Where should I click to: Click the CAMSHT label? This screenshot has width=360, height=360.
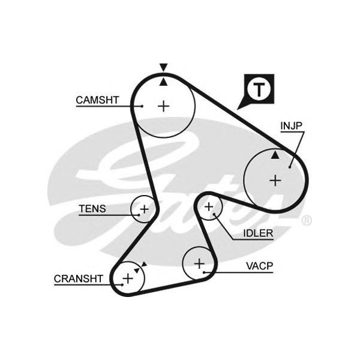(x=98, y=99)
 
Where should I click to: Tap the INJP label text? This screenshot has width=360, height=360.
(x=291, y=125)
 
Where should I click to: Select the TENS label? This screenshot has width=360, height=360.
(x=92, y=209)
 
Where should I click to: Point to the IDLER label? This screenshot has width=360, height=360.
(x=258, y=233)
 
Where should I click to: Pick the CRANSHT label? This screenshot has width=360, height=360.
(x=79, y=278)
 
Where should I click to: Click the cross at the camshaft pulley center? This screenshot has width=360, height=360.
(x=163, y=106)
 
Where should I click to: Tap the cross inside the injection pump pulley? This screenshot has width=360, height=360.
(x=275, y=179)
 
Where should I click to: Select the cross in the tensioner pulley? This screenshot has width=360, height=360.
(x=143, y=209)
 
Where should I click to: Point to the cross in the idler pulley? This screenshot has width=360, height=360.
(x=209, y=207)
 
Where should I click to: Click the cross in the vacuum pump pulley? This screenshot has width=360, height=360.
(x=199, y=263)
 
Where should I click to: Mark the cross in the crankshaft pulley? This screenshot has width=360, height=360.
(x=128, y=278)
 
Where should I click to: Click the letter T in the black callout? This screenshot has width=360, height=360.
(x=259, y=89)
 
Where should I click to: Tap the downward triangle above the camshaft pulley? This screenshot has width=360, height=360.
(x=163, y=67)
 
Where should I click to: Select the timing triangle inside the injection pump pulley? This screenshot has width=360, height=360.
(x=275, y=155)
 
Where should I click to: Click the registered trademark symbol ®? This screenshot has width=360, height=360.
(x=306, y=221)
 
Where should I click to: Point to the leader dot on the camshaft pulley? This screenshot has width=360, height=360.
(x=142, y=106)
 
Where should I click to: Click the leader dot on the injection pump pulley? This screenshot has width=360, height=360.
(x=289, y=167)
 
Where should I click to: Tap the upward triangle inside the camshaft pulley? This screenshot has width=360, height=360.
(x=163, y=82)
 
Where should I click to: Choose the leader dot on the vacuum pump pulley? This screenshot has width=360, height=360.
(x=205, y=272)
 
